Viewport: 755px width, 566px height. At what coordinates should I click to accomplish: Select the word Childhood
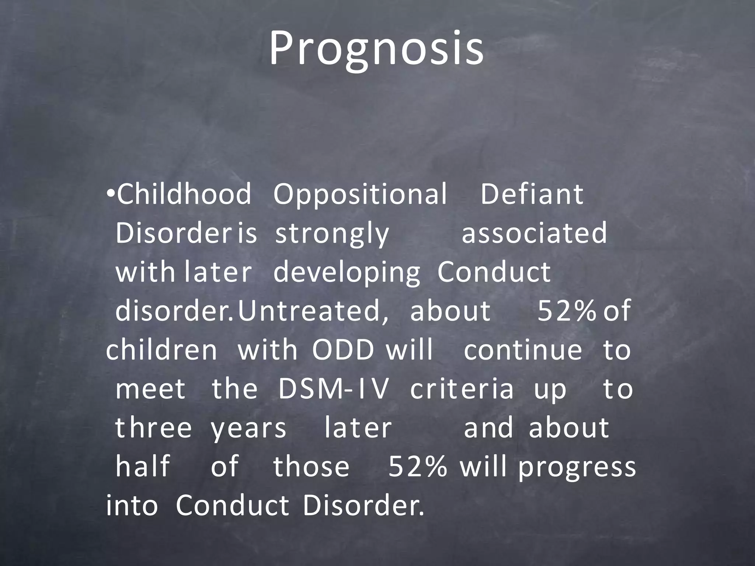click(x=184, y=194)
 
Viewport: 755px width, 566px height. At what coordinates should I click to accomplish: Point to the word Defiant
click(x=532, y=194)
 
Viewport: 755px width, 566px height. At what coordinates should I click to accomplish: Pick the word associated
click(x=534, y=233)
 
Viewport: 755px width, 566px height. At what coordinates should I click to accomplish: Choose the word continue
click(x=523, y=350)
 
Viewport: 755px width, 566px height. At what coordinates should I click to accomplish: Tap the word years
click(x=248, y=429)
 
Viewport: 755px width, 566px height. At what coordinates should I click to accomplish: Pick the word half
click(x=143, y=466)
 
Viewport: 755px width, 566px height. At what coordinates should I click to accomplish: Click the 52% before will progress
click(x=417, y=467)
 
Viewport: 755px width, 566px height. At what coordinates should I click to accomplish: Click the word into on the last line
click(x=132, y=505)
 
